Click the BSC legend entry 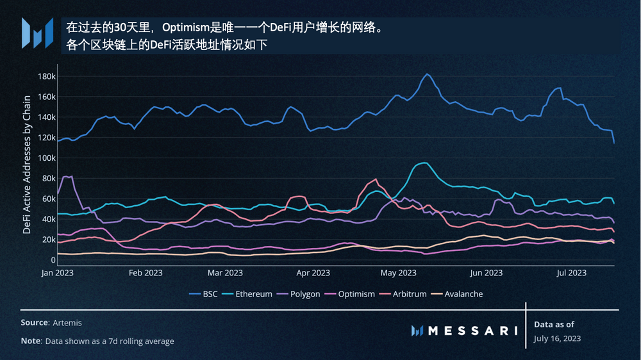coord(204,294)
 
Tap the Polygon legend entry coord(307,294)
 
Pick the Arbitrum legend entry coord(410,294)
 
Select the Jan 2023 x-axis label coord(57,273)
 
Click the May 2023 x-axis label coord(398,273)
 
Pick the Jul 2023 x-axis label coord(570,273)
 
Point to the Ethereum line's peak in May coord(423,163)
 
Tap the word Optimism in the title coord(186,28)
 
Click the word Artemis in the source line coord(69,323)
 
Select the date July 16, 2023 coord(558,338)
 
